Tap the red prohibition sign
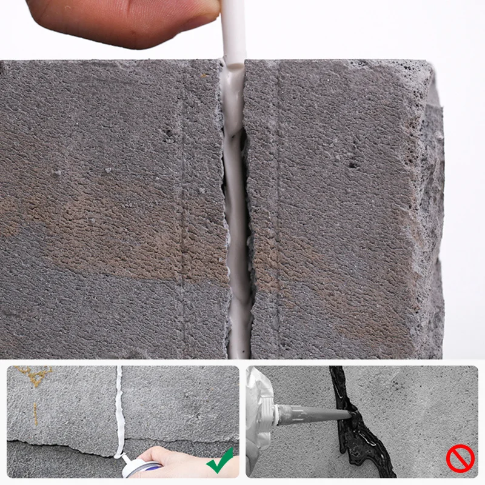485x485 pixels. (x=460, y=460)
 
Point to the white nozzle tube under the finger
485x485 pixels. (x=233, y=36)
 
